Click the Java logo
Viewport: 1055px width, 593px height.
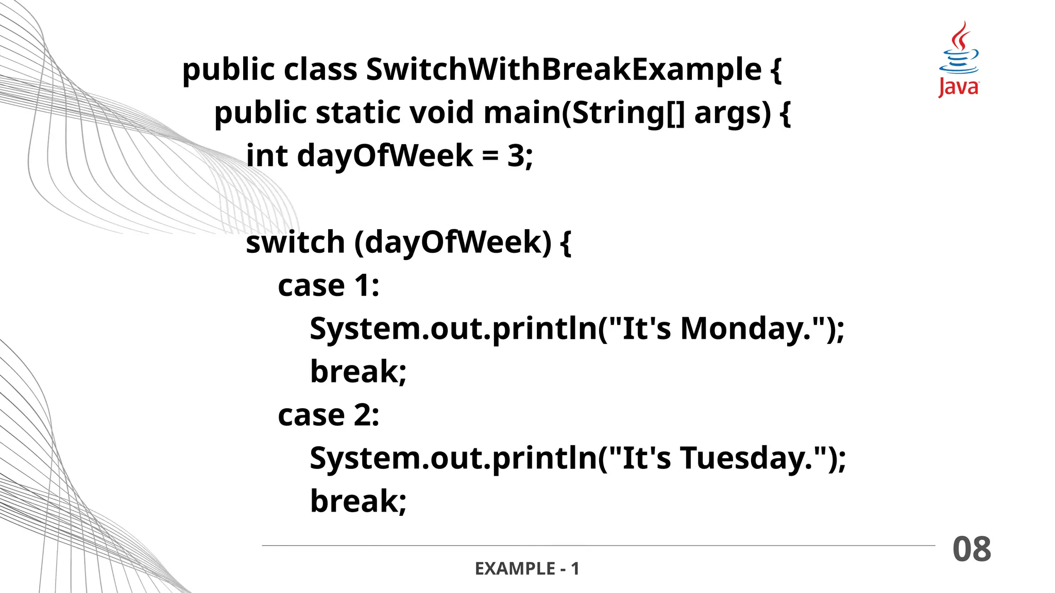click(x=958, y=60)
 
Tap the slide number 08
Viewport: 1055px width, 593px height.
click(x=972, y=549)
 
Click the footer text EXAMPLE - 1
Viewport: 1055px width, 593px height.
click(x=527, y=569)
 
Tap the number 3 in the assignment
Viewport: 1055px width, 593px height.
click(x=516, y=156)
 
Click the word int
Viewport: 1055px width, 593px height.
click(x=267, y=156)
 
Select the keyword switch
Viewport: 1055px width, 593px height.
click(x=295, y=242)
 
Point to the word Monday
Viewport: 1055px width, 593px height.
click(x=740, y=329)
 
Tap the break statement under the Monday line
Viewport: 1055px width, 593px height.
click(x=358, y=372)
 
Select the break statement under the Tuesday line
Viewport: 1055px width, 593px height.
click(x=358, y=501)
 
